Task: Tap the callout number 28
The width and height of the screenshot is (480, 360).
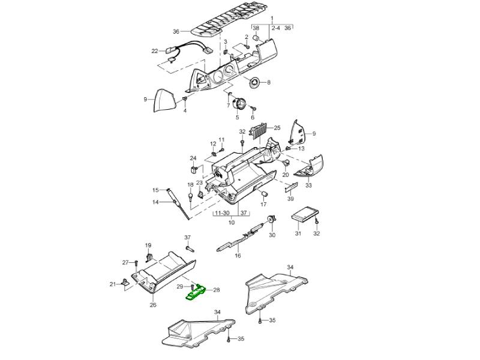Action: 217,290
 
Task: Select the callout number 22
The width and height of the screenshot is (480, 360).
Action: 154,51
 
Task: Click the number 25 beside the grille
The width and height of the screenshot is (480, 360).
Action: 277,128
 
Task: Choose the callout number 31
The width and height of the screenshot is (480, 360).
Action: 298,233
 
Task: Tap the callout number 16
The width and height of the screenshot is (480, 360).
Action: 238,256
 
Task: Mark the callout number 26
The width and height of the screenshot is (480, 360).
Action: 152,305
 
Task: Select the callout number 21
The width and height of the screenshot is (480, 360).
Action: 112,284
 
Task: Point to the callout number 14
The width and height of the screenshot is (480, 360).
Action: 155,202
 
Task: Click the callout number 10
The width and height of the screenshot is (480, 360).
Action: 232,223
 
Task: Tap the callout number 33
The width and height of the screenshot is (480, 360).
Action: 308,185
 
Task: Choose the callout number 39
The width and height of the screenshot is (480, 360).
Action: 290,199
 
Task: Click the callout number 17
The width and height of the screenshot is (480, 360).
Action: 263,205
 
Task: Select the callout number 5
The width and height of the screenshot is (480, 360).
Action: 237,117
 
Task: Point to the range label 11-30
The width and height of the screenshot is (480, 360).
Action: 221,213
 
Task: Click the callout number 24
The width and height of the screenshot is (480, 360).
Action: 193,158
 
